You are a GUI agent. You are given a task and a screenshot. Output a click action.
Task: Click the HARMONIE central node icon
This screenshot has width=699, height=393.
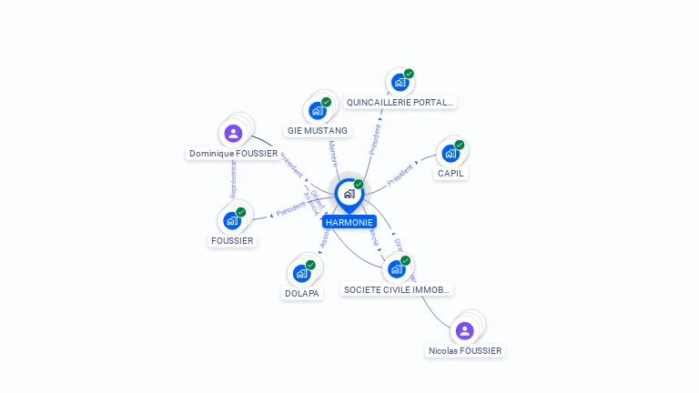pyautogui.click(x=349, y=194)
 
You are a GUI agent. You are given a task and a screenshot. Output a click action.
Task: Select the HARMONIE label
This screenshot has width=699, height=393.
pyautogui.click(x=349, y=222)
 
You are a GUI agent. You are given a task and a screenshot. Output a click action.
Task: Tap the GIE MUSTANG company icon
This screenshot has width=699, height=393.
pyautogui.click(x=318, y=110)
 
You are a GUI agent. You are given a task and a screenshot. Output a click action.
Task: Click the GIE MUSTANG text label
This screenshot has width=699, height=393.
pyautogui.click(x=318, y=130)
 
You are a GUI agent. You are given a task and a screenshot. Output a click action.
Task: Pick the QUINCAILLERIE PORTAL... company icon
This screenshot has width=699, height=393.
pyautogui.click(x=400, y=82)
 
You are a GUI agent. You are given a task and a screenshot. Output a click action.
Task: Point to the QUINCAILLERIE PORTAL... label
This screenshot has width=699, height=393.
pyautogui.click(x=400, y=103)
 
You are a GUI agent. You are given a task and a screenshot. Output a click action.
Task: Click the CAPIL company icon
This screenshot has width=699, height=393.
pyautogui.click(x=451, y=153)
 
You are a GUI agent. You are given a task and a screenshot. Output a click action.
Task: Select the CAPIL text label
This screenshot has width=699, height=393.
pyautogui.click(x=451, y=173)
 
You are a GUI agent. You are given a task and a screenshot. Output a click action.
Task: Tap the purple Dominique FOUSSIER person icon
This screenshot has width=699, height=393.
pyautogui.click(x=233, y=133)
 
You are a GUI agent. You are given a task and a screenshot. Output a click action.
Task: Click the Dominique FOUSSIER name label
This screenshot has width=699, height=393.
pyautogui.click(x=233, y=154)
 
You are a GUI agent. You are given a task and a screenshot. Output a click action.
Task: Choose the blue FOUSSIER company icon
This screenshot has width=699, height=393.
pyautogui.click(x=232, y=220)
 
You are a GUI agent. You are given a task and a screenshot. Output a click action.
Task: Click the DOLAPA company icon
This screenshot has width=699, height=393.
pyautogui.click(x=302, y=273)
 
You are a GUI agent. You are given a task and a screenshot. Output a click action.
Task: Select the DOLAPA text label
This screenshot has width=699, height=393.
pyautogui.click(x=302, y=294)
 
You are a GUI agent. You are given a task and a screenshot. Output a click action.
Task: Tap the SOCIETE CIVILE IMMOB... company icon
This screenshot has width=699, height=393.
pyautogui.click(x=397, y=268)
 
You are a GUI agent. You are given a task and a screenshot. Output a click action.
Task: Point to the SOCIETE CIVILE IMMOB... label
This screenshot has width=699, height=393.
pyautogui.click(x=397, y=289)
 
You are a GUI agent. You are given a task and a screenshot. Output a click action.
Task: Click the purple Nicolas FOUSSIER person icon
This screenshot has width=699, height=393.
pyautogui.click(x=464, y=330)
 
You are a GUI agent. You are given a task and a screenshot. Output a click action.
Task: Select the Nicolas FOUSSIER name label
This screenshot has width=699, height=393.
pyautogui.click(x=465, y=350)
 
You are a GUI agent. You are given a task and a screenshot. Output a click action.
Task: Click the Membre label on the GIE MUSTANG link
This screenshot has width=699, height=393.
pyautogui.click(x=333, y=152)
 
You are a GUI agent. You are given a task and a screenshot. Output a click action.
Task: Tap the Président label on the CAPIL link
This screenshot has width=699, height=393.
pyautogui.click(x=400, y=175)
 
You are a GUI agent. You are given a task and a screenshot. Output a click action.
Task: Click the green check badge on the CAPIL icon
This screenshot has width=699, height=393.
pyautogui.click(x=460, y=145)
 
